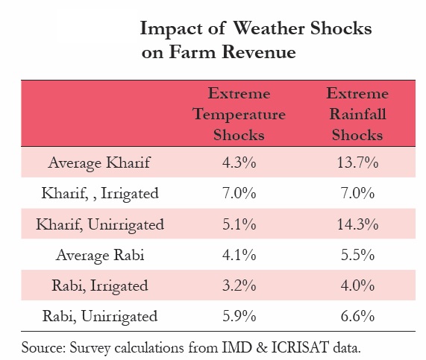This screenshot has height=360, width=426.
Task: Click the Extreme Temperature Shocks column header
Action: pos(239,115)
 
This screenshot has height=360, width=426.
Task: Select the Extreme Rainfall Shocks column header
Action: pos(357,115)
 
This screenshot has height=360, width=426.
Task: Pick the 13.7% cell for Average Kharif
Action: pos(357,162)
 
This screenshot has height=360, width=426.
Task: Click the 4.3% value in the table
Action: pos(239,162)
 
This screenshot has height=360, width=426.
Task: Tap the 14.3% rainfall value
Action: pos(357,224)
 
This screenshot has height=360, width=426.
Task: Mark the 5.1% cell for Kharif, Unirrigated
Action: pos(239,224)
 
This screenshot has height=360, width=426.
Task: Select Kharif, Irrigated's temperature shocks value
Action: pos(239,193)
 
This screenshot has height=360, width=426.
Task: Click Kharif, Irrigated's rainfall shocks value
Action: pos(357,193)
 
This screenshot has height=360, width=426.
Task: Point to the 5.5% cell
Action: pos(357,255)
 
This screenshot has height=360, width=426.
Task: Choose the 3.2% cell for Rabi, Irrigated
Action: pos(239,285)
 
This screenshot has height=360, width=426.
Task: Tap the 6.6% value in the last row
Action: pos(357,316)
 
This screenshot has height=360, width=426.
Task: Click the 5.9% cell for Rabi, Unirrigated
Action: pos(239,316)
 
